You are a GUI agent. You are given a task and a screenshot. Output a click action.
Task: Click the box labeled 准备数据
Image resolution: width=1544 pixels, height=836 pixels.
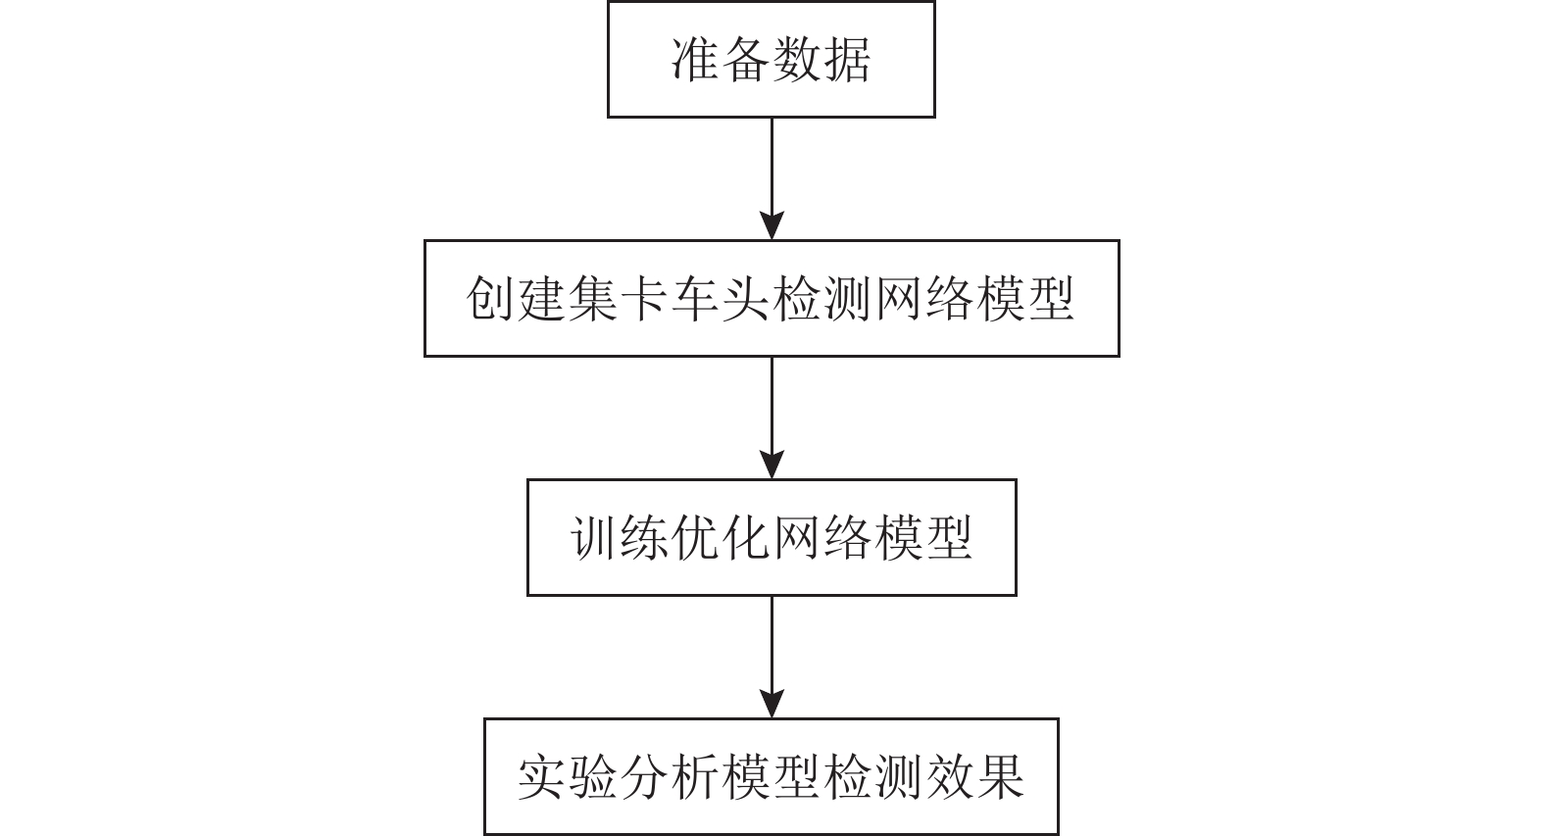click(771, 59)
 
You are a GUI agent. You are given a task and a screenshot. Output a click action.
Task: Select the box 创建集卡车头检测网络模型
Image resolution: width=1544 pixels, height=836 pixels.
click(772, 298)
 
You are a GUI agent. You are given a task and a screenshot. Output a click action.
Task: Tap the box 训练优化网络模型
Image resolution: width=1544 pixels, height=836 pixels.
click(772, 538)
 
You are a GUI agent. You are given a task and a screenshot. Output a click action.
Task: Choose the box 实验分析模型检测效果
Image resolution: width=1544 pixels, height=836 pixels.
click(772, 777)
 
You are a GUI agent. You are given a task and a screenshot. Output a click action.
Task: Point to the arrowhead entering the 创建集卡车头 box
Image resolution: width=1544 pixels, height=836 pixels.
click(772, 225)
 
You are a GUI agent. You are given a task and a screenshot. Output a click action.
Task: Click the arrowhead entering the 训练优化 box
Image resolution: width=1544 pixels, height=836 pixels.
click(772, 465)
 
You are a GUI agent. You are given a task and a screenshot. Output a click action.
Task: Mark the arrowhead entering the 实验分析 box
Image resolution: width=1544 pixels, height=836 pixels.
click(772, 704)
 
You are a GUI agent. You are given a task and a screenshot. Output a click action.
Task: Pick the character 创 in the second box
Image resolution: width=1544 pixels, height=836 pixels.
click(490, 299)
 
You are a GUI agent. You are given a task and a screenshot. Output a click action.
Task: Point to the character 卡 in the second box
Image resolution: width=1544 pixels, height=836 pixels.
click(644, 299)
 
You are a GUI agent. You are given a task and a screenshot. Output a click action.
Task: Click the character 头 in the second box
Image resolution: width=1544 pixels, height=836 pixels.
click(746, 299)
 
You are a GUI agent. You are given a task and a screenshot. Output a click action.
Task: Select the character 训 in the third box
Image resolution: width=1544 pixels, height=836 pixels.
click(593, 538)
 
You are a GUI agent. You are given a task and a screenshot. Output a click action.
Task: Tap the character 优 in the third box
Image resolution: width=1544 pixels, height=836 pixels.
click(695, 538)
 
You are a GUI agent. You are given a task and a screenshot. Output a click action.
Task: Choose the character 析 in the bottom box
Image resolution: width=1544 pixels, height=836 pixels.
click(695, 777)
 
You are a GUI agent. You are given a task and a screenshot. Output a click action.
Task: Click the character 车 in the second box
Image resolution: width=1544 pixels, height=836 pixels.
click(695, 299)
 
